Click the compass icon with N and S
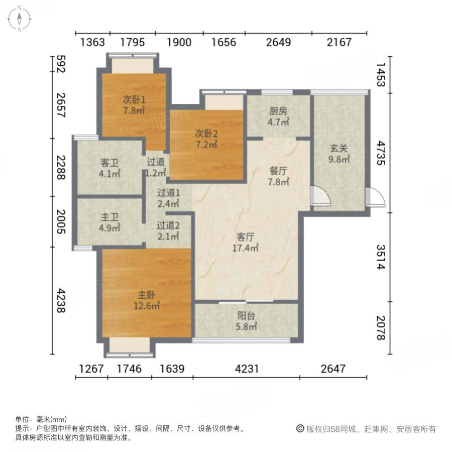pyautogui.click(x=19, y=19)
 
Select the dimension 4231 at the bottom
pyautogui.click(x=246, y=369)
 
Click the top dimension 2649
pyautogui.click(x=278, y=42)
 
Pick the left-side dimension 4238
pyautogui.click(x=61, y=300)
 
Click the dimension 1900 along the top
pyautogui.click(x=179, y=42)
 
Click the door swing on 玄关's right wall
pyautogui.click(x=376, y=197)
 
